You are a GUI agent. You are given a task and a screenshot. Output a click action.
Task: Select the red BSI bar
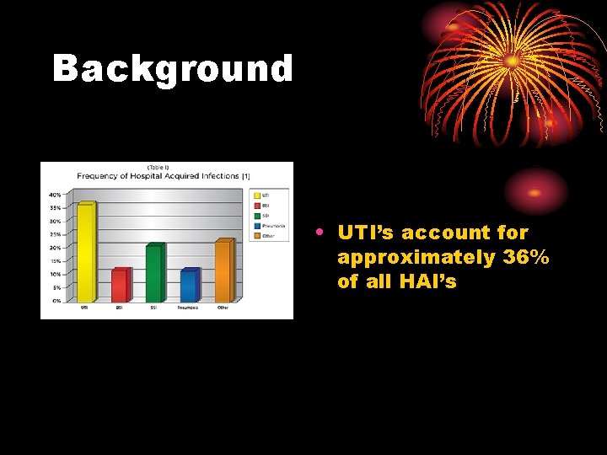[x=121, y=286]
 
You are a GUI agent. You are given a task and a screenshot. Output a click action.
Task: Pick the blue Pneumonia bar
[x=189, y=286]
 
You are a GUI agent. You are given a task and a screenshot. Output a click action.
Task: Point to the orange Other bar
[x=223, y=271]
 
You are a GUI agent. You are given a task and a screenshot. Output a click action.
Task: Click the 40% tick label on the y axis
[x=55, y=195]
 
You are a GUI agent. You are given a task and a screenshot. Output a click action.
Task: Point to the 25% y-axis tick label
[x=55, y=234]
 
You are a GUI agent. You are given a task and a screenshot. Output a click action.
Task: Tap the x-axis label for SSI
[x=154, y=308]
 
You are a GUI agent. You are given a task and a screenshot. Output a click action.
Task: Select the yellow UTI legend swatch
[x=256, y=195]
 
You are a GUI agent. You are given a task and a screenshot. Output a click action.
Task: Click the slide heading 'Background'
[x=173, y=69]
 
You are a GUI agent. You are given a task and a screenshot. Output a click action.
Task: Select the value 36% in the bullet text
[x=526, y=257]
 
